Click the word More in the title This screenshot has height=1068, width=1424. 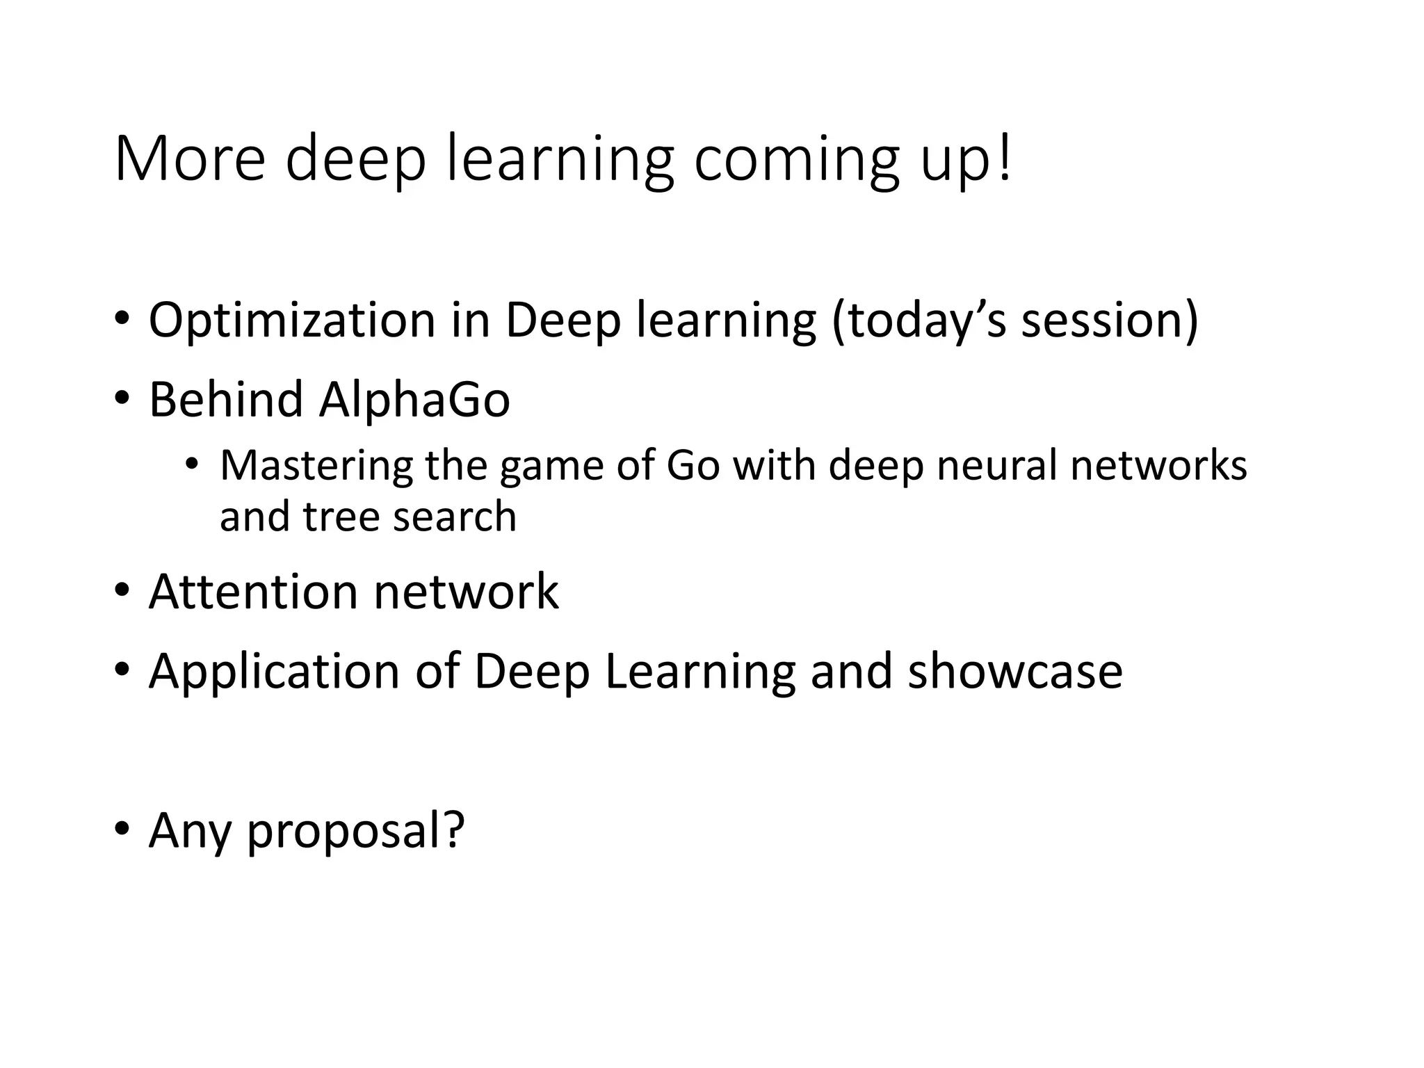click(x=190, y=159)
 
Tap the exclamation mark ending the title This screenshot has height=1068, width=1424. click(x=1003, y=159)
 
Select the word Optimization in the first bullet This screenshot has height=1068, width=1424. click(x=292, y=321)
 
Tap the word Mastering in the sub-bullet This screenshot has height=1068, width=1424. click(x=316, y=465)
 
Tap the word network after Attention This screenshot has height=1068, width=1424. click(x=466, y=592)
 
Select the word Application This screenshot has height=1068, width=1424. click(x=274, y=672)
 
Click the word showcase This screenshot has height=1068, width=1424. click(x=1015, y=672)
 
